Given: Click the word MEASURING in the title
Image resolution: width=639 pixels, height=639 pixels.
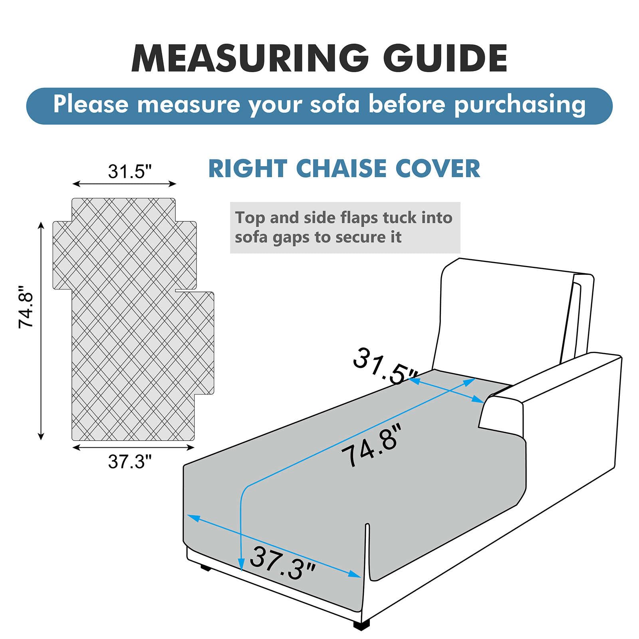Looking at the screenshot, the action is pos(250,58).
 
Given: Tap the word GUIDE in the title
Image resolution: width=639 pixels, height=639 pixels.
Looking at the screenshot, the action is pos(445,58).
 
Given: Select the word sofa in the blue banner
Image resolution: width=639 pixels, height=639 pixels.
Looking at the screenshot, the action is pos(335,104).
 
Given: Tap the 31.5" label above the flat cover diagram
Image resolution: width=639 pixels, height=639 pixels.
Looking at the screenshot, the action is pos(130,172).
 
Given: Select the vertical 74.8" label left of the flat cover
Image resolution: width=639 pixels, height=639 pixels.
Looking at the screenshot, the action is pos(26,307).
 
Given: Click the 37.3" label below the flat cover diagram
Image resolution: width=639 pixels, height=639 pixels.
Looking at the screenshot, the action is pos(130,462).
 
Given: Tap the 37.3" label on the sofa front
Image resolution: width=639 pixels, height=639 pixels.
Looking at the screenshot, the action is pos(282,563).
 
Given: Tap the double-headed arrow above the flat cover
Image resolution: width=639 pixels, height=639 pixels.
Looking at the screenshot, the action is pos(124,184).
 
